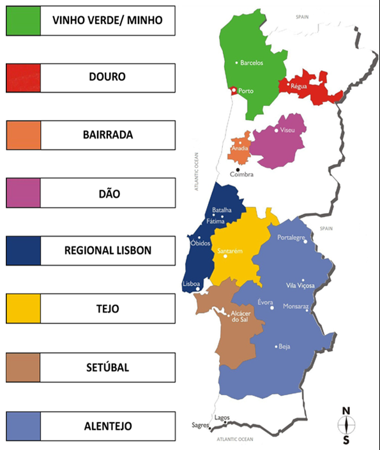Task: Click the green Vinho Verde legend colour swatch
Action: point(23,20)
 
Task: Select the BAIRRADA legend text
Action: point(107,135)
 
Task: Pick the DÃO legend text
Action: point(107,193)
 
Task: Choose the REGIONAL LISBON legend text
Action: point(107,250)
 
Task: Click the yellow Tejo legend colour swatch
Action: point(23,308)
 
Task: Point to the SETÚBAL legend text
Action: point(107,367)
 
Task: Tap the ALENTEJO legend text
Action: point(107,425)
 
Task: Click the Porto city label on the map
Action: point(245,91)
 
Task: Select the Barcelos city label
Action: point(252,63)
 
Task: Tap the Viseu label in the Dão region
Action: point(287,130)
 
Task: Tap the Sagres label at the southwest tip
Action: point(201,425)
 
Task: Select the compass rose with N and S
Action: point(346,424)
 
